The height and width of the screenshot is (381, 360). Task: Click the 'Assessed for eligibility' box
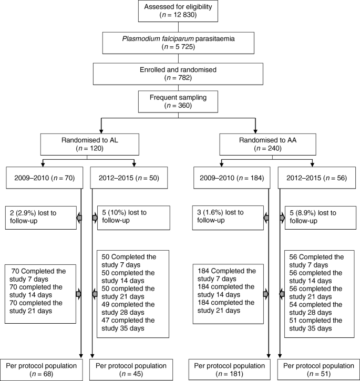point(179,12)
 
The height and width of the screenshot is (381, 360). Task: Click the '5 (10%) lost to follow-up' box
point(125,218)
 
